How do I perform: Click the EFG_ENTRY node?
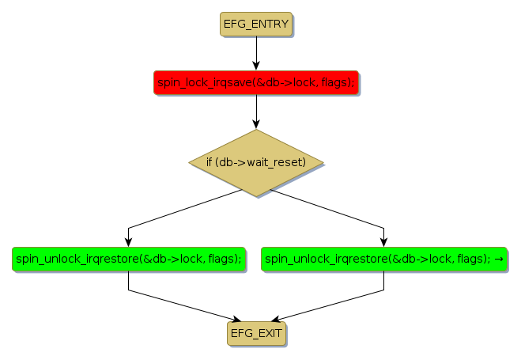tap(256, 24)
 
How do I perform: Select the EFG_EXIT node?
tap(256, 333)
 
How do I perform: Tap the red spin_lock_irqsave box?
tap(256, 82)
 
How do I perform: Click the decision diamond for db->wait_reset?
tap(256, 162)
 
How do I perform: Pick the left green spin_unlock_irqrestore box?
tap(128, 259)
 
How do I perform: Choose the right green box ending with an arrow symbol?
tap(383, 259)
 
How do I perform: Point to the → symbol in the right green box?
tap(499, 259)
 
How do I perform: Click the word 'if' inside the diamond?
tap(210, 162)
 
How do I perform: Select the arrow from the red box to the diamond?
tap(256, 110)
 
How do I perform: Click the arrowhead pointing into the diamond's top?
tap(256, 123)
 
